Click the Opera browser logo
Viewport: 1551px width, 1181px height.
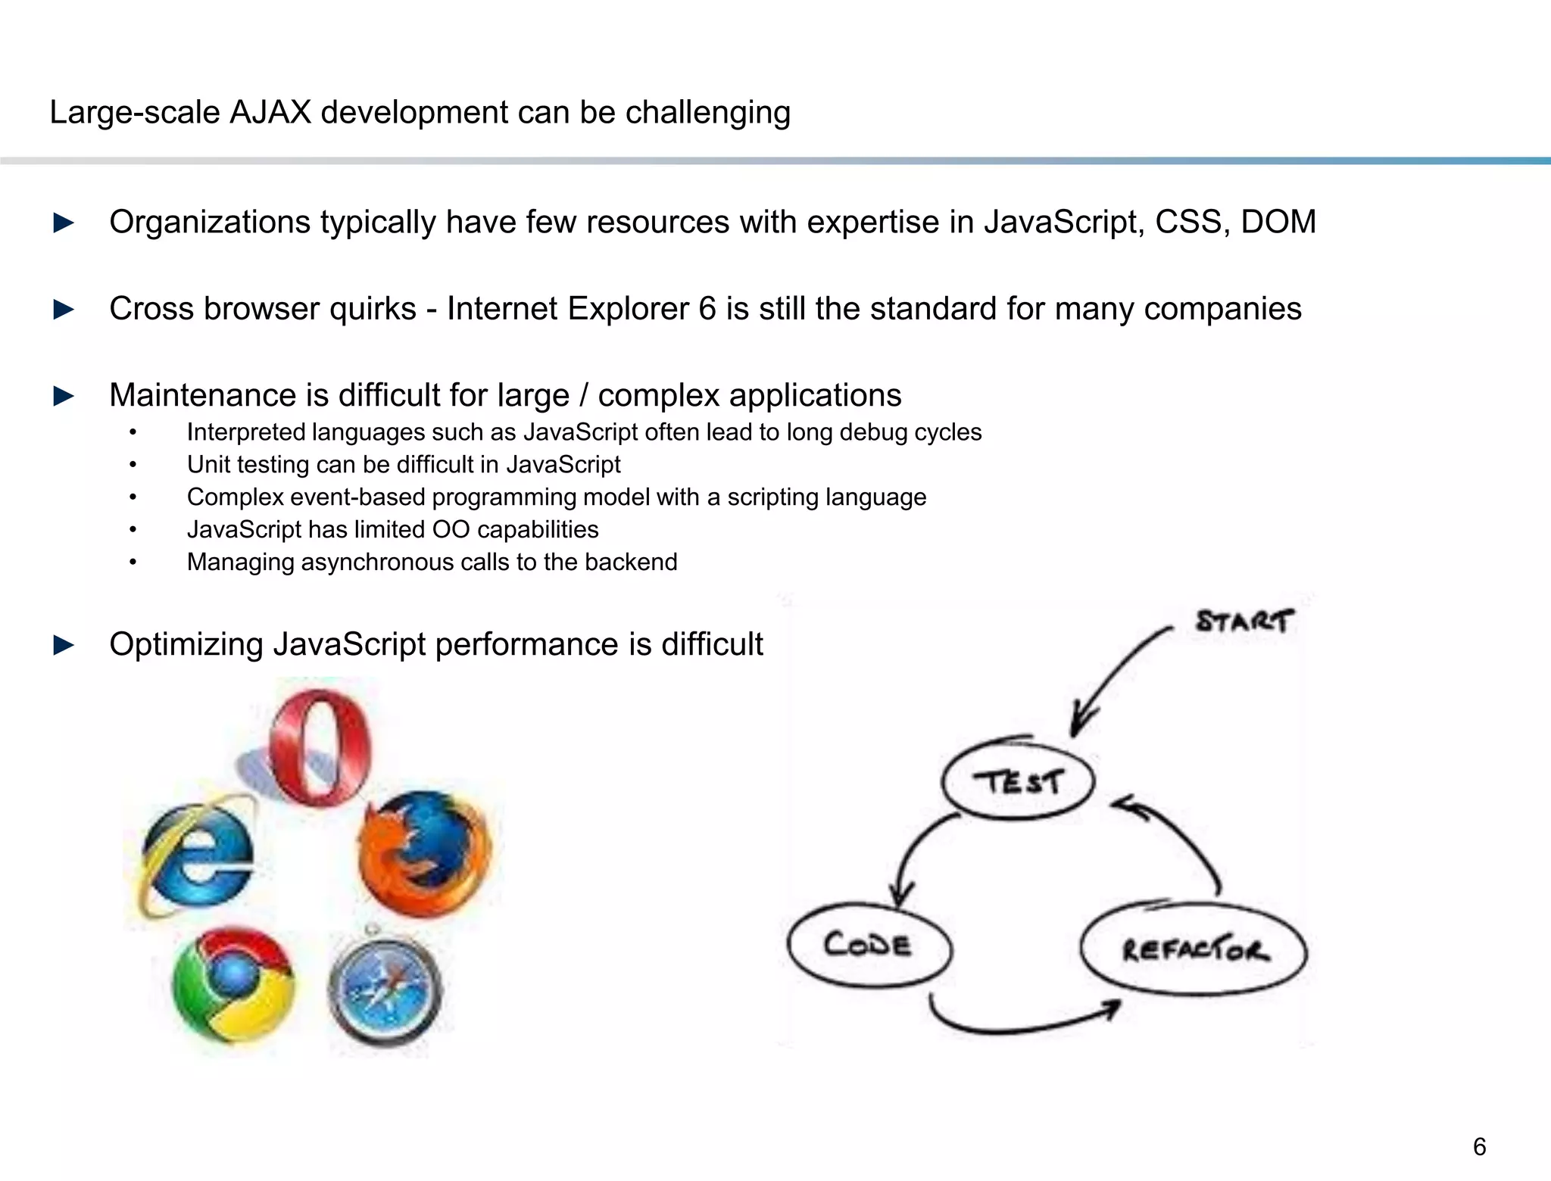coord(320,748)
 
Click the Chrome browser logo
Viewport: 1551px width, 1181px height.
coord(232,984)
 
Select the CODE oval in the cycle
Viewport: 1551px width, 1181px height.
coord(869,945)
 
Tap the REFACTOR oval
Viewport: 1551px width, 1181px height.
coord(1194,949)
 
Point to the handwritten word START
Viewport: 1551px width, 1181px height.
coord(1244,622)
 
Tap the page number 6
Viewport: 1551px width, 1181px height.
coord(1479,1146)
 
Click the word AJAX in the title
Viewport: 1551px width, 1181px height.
coord(270,112)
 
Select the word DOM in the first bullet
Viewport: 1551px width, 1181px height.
coord(1278,222)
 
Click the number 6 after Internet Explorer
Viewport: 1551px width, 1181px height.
coord(707,309)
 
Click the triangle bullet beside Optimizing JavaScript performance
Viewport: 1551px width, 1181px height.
coord(64,645)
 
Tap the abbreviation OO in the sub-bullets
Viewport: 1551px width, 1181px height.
coord(451,529)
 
